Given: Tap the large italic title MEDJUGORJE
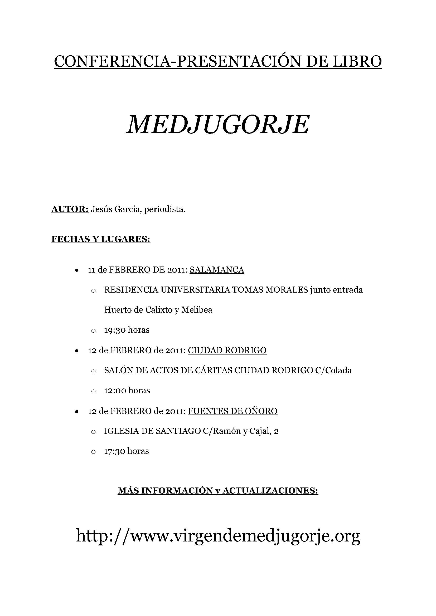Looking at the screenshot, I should click(x=218, y=125).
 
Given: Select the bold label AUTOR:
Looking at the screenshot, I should click(x=70, y=209).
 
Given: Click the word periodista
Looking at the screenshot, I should click(x=165, y=209).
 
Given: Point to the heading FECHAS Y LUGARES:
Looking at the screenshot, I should click(x=101, y=239).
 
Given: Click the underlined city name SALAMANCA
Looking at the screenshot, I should click(x=217, y=270).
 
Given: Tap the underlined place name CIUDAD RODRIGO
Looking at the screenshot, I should click(x=227, y=350).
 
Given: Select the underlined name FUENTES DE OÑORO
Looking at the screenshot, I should click(x=232, y=411).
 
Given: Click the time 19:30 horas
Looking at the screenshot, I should click(x=127, y=330).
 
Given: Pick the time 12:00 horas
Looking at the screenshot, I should click(x=127, y=390).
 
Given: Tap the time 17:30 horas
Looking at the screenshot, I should click(x=127, y=451).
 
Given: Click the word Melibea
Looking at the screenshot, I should click(x=197, y=310).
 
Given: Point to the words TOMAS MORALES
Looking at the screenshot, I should click(x=269, y=290).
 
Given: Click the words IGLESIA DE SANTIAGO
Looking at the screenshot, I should click(x=152, y=431).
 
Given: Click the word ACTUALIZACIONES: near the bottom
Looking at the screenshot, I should click(x=270, y=491).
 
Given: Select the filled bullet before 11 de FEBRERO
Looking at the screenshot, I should click(x=77, y=270).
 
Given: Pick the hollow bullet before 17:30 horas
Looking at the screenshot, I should click(x=93, y=452).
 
